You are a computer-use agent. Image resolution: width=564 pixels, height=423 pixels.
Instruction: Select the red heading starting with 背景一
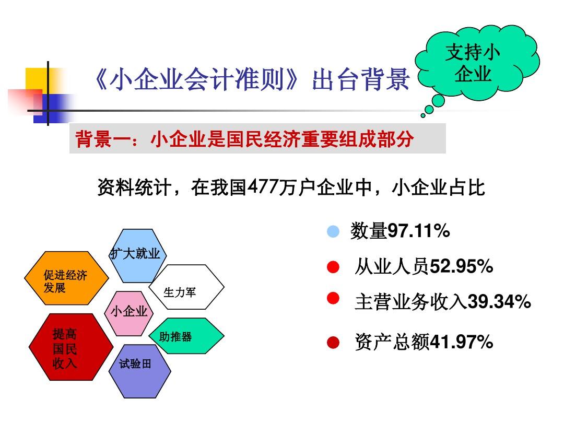(x=244, y=139)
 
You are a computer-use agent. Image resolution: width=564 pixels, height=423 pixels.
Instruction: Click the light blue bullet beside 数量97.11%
(x=333, y=231)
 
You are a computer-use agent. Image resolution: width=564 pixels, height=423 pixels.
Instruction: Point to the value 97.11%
(x=419, y=231)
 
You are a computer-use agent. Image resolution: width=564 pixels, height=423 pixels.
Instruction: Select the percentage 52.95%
(x=461, y=267)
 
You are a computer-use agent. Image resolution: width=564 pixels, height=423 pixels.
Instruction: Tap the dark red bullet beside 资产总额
(x=333, y=343)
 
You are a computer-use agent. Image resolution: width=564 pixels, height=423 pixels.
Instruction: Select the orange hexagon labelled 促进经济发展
(x=66, y=279)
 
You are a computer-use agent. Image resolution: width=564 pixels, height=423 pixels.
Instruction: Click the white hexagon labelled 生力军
(x=186, y=287)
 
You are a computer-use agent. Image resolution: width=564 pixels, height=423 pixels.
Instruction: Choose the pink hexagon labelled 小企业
(x=129, y=312)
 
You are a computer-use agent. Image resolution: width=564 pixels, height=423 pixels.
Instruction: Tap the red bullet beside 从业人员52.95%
(x=333, y=267)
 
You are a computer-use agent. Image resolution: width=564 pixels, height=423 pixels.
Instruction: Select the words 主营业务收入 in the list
(x=410, y=302)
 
